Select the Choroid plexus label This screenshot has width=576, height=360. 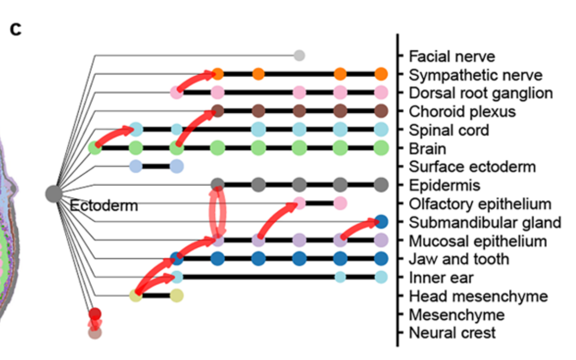[462, 111]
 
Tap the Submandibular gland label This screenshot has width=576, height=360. [485, 222]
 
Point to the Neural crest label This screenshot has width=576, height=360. [452, 333]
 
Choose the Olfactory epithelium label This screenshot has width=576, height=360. [480, 204]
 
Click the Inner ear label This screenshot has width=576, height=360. [441, 277]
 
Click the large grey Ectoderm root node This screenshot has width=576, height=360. [54, 194]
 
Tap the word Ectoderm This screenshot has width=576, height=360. [104, 206]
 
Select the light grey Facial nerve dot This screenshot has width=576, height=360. [299, 56]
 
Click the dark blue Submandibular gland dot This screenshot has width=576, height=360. [381, 222]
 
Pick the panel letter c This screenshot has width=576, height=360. [16, 30]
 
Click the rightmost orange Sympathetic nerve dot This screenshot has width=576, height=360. [381, 74]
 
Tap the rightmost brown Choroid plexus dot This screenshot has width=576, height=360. [381, 111]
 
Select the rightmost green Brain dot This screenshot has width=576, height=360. [381, 148]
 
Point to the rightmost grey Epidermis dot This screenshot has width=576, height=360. [381, 184]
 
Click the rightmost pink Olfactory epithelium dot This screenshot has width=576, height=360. [341, 203]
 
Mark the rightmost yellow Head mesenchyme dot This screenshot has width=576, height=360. [177, 295]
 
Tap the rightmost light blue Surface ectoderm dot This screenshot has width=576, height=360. [177, 166]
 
